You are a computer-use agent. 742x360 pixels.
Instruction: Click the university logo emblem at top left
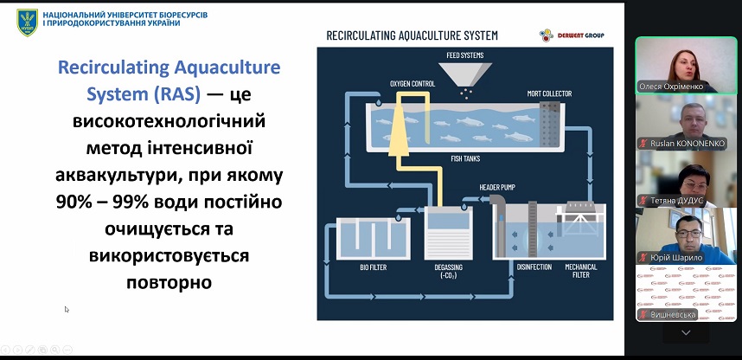pyautogui.click(x=28, y=21)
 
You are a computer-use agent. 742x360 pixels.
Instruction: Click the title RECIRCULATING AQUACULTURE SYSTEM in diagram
pyautogui.click(x=412, y=35)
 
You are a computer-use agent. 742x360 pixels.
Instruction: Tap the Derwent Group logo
pyautogui.click(x=572, y=35)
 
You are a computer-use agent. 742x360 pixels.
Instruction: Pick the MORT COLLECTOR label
pyautogui.click(x=549, y=93)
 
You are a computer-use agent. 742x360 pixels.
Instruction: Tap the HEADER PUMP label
pyautogui.click(x=497, y=187)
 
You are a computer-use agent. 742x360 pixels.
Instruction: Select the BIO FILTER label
pyautogui.click(x=374, y=267)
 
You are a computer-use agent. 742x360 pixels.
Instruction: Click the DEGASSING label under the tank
pyautogui.click(x=448, y=271)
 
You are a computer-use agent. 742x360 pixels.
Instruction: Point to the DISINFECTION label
pyautogui.click(x=534, y=267)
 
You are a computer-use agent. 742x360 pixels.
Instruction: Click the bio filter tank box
pyautogui.click(x=373, y=238)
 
